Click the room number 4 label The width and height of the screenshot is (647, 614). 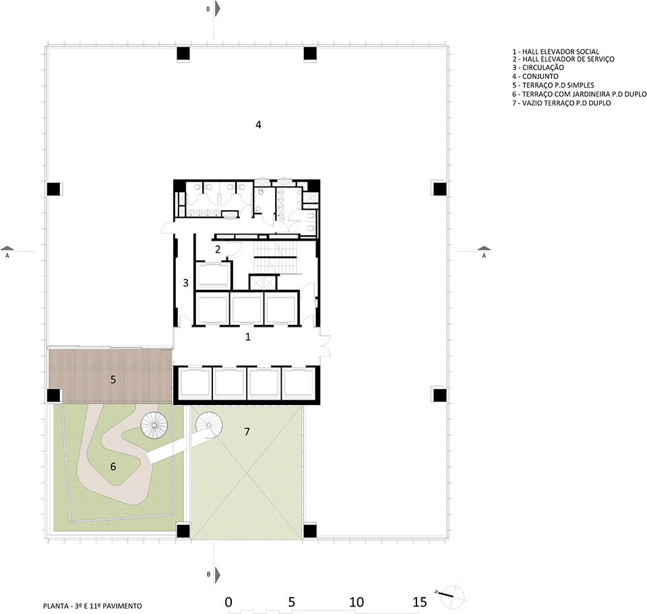click(x=258, y=125)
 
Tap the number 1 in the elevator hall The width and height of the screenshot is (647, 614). click(x=248, y=336)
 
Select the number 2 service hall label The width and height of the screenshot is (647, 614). click(x=218, y=249)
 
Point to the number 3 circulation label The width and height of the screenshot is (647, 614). click(x=185, y=282)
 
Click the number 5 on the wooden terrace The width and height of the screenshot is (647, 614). click(x=113, y=379)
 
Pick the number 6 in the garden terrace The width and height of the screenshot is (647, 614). click(x=113, y=466)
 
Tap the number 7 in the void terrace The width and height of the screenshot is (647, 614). click(x=247, y=431)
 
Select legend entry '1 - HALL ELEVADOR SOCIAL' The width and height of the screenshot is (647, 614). click(x=555, y=51)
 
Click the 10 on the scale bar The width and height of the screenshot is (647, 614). click(x=357, y=602)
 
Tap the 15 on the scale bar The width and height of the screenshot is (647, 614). click(x=419, y=602)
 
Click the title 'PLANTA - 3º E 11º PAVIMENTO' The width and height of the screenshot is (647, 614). click(x=91, y=606)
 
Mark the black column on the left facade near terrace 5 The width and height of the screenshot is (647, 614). click(x=53, y=396)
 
